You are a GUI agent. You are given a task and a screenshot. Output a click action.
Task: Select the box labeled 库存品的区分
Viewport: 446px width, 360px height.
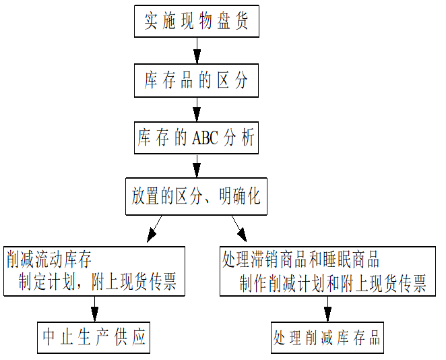pos(196,81)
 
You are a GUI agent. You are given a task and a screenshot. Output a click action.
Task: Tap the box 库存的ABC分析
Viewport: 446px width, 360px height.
pos(196,139)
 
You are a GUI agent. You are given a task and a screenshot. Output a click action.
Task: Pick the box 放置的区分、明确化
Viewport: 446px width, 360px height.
pos(196,197)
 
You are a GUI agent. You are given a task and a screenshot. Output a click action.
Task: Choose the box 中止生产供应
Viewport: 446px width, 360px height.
pos(94,337)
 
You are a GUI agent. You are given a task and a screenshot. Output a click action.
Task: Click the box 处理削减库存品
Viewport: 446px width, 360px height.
pos(327,337)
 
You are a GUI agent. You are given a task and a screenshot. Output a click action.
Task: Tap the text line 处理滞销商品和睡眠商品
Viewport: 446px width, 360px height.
pos(300,259)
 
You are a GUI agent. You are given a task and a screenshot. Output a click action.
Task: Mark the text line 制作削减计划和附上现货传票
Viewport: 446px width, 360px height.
pos(332,283)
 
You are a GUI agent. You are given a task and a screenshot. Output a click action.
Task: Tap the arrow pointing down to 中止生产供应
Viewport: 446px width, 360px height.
pos(94,309)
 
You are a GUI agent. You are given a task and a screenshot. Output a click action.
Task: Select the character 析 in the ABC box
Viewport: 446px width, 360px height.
pos(247,139)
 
